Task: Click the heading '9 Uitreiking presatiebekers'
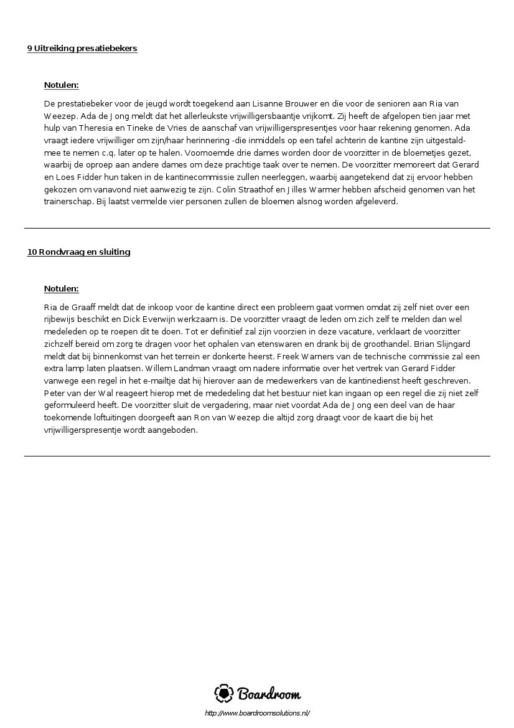[x=82, y=49]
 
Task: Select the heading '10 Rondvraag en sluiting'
[x=78, y=252]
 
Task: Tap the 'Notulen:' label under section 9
[x=62, y=85]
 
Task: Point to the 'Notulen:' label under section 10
[x=62, y=289]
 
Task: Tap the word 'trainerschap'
[x=68, y=202]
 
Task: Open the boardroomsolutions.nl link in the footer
[x=257, y=713]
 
